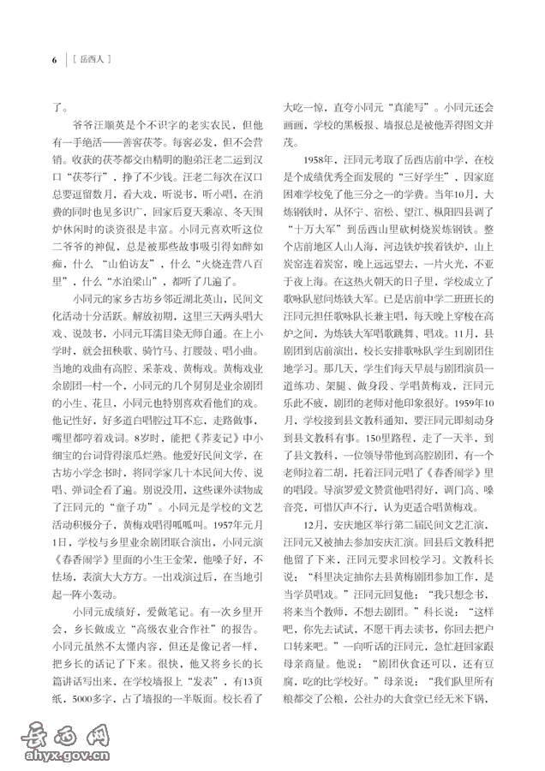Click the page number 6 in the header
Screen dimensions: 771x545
(53, 60)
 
